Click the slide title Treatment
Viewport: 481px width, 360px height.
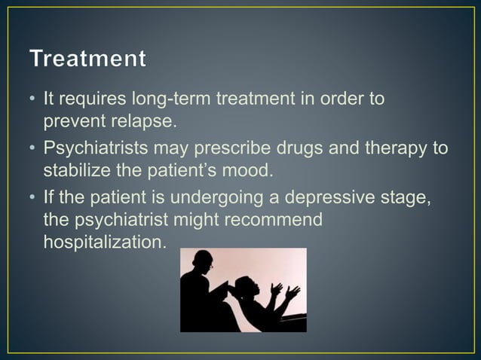click(x=88, y=59)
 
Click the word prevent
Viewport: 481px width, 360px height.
click(x=66, y=120)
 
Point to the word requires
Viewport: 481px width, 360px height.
click(x=93, y=100)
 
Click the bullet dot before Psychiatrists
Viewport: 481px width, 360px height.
click(x=33, y=149)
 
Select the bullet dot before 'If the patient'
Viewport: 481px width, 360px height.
click(x=33, y=199)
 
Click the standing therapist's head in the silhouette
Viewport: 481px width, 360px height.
click(x=203, y=260)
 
